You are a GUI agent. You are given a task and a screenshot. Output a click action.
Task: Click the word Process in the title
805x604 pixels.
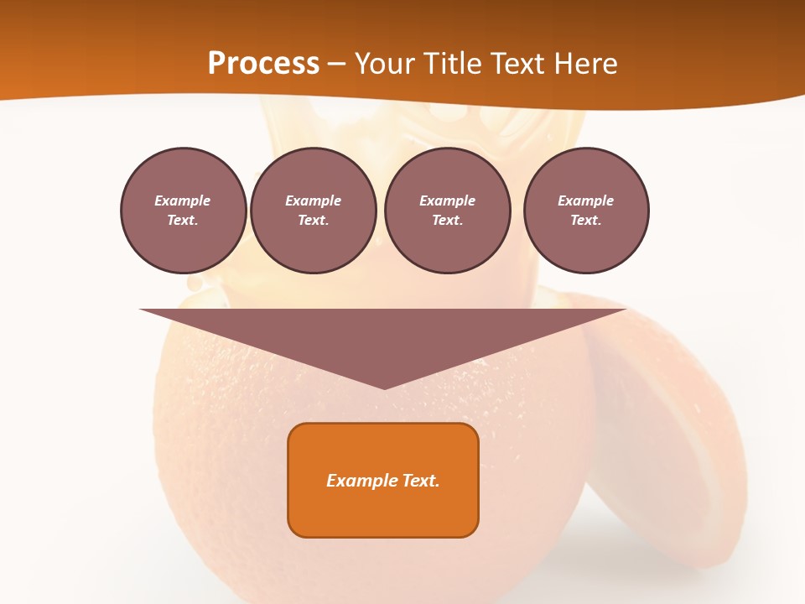pyautogui.click(x=263, y=64)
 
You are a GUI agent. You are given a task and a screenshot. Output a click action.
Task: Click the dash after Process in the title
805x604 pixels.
pyautogui.click(x=337, y=65)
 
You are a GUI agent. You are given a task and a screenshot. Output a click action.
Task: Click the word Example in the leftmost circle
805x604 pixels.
pyautogui.click(x=183, y=200)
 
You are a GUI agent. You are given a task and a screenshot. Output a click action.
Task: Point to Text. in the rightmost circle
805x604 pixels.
pyautogui.click(x=586, y=220)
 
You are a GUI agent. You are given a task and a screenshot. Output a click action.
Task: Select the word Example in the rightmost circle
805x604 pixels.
pyautogui.click(x=586, y=200)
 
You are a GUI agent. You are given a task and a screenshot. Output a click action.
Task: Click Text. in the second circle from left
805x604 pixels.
pyautogui.click(x=314, y=220)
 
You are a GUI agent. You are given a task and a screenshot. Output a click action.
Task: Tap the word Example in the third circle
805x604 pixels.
pyautogui.click(x=447, y=200)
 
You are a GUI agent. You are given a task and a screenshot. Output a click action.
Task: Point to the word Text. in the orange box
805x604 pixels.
pyautogui.click(x=421, y=481)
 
